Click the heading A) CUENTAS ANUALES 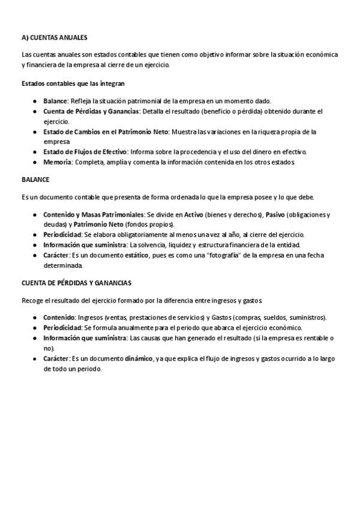[x=54, y=37]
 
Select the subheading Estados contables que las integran [x=73, y=83]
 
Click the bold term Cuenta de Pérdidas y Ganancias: [x=92, y=111]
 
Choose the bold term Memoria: [x=58, y=162]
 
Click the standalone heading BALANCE [x=35, y=179]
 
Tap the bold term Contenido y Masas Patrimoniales [x=94, y=214]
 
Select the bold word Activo [x=193, y=214]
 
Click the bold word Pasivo [x=275, y=214]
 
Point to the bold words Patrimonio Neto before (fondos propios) [x=98, y=224]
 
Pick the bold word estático [x=141, y=255]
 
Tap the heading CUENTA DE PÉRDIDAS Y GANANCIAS [x=76, y=283]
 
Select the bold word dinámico [x=139, y=358]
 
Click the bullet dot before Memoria [x=36, y=163]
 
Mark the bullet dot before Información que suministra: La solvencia [x=36, y=245]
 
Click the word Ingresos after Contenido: [x=90, y=318]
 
